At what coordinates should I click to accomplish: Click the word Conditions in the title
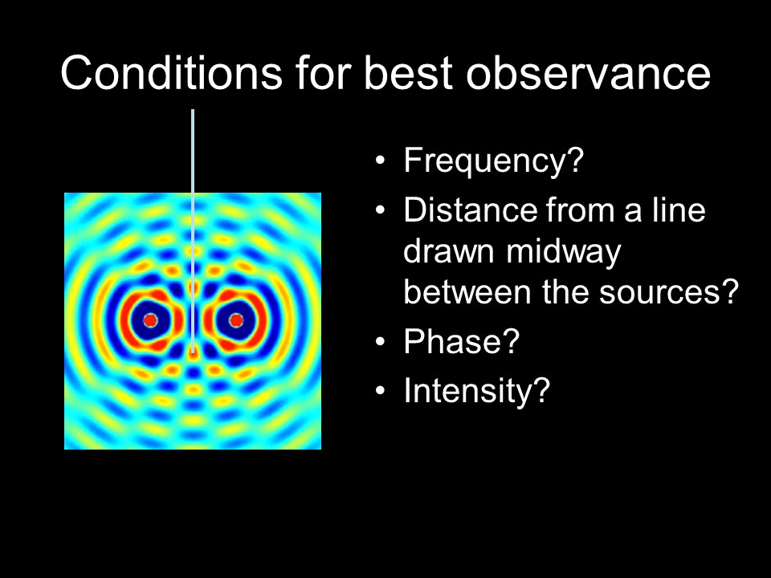pyautogui.click(x=172, y=73)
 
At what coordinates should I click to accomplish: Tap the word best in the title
pyautogui.click(x=408, y=73)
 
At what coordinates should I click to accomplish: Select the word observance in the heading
pyautogui.click(x=589, y=73)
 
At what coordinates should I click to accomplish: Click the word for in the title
pyautogui.click(x=323, y=73)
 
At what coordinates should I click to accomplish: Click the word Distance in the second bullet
pyautogui.click(x=471, y=210)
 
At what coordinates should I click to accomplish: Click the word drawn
pyautogui.click(x=448, y=250)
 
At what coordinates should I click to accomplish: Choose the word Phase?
pyautogui.click(x=462, y=341)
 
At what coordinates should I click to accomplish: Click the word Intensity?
pyautogui.click(x=476, y=391)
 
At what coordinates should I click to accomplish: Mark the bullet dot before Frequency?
pyautogui.click(x=380, y=161)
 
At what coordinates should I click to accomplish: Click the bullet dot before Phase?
pyautogui.click(x=380, y=342)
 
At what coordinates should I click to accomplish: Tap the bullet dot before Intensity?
pyautogui.click(x=380, y=391)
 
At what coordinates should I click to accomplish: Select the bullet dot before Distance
pyautogui.click(x=380, y=210)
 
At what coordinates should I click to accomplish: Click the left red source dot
pyautogui.click(x=150, y=320)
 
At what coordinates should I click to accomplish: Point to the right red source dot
pyautogui.click(x=236, y=320)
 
